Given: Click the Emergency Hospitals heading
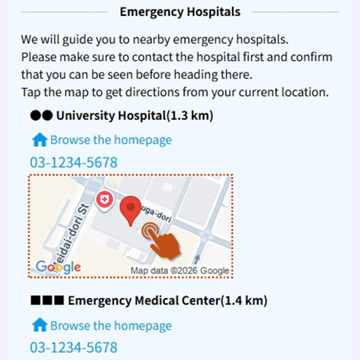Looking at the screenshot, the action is click(180, 12).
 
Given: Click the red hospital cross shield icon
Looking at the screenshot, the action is click(104, 199).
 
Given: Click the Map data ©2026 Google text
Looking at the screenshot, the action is click(180, 270).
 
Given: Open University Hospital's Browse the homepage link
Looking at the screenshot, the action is click(111, 140).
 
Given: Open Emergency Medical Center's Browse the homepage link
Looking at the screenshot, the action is click(111, 326).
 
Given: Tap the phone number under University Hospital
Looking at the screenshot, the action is click(74, 162).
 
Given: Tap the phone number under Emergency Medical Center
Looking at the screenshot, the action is click(74, 348).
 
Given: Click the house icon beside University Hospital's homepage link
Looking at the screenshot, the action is click(40, 140).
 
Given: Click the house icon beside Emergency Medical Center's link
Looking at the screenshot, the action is click(40, 326).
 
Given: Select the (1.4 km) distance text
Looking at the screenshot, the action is click(243, 301).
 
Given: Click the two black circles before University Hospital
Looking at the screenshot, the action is click(41, 116).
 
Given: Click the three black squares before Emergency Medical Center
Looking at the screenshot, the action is click(47, 301).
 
